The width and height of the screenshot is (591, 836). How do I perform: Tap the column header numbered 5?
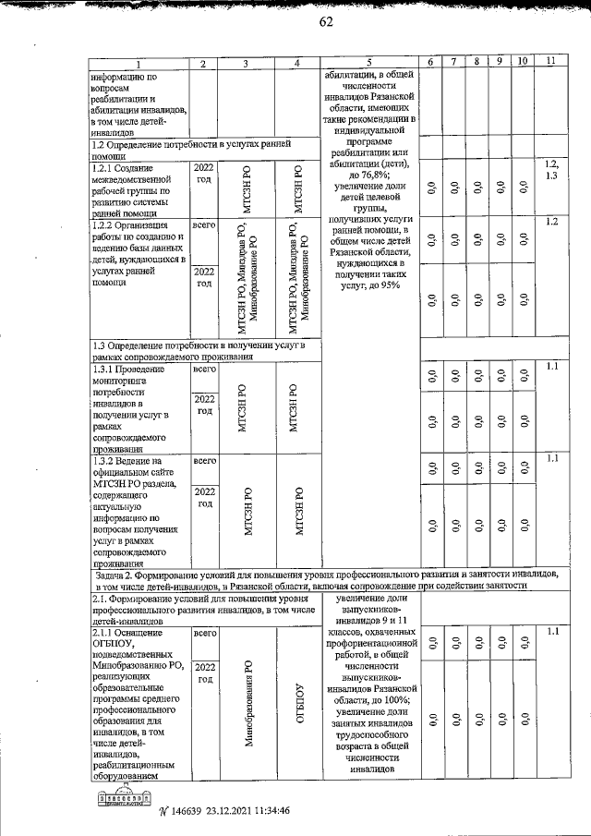point(367,62)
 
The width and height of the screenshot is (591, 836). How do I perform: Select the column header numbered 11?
point(550,62)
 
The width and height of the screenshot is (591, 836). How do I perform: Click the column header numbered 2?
point(202,62)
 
